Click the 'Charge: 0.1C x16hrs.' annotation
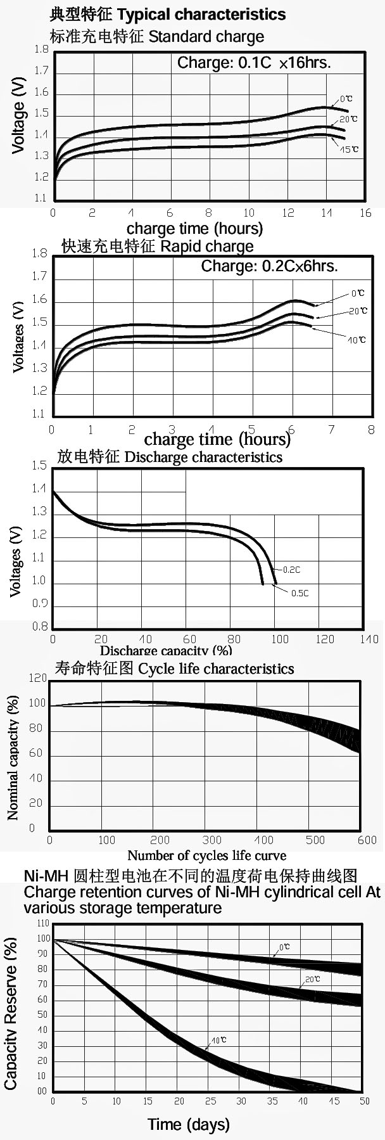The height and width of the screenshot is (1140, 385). [x=254, y=63]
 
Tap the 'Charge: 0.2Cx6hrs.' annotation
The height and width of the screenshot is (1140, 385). [x=269, y=266]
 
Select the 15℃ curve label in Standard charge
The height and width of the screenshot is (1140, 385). [x=350, y=150]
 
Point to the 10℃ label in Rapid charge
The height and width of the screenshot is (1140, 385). [x=357, y=340]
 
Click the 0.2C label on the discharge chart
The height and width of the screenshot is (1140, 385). [x=291, y=570]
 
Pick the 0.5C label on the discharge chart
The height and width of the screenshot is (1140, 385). [x=300, y=593]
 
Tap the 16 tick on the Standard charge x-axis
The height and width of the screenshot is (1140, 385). [x=365, y=213]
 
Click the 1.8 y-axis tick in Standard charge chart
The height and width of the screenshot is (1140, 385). [x=41, y=49]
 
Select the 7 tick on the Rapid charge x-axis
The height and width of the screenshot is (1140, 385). [x=331, y=430]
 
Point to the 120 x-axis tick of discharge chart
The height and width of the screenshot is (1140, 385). [x=325, y=639]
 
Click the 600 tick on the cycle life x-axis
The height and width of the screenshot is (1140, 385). [x=367, y=840]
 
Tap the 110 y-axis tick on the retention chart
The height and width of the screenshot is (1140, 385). [x=42, y=923]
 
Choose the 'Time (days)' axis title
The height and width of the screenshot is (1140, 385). [x=188, y=1124]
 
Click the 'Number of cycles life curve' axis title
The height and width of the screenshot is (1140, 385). [x=206, y=855]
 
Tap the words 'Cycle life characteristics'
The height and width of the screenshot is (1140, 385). [x=216, y=669]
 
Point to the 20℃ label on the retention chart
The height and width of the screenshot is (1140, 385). [x=312, y=980]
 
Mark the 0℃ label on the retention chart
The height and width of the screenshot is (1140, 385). [x=285, y=947]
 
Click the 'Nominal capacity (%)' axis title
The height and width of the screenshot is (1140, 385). [x=13, y=758]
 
